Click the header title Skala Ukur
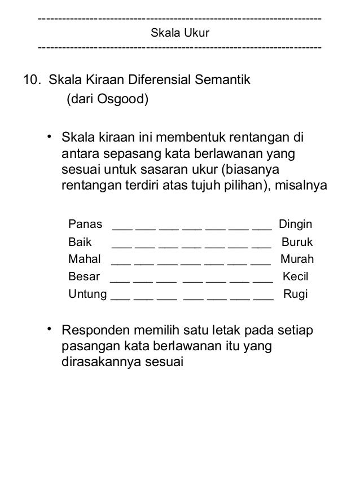click(180, 33)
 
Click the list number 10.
click(32, 80)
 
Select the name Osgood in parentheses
click(120, 100)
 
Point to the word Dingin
click(296, 224)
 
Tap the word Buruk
click(297, 243)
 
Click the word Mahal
click(84, 259)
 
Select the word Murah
click(297, 259)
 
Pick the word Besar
click(84, 277)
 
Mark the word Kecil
click(295, 277)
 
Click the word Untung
click(87, 294)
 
